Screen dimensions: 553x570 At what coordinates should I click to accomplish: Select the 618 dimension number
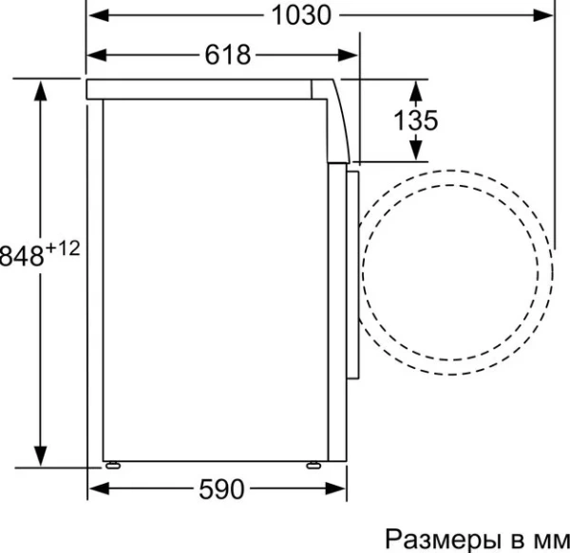tap(228, 55)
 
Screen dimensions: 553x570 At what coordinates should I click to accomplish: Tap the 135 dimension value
tap(415, 120)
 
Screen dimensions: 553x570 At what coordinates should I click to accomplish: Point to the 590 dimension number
tap(222, 489)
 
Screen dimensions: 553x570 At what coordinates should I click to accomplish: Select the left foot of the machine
tap(114, 464)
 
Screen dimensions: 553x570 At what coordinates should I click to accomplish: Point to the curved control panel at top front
tap(336, 119)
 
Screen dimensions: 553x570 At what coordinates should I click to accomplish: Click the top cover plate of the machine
tap(199, 89)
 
